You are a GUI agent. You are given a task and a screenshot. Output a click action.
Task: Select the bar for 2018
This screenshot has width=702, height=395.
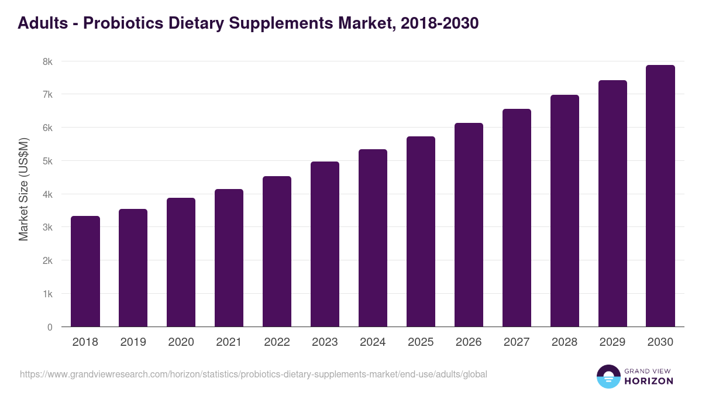[85, 272]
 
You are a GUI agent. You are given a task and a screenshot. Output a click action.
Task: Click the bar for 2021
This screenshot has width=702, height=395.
[229, 258]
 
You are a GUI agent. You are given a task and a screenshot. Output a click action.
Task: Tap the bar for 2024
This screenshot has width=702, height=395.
[373, 238]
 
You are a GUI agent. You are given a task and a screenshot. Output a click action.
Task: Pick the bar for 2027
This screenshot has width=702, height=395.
[517, 218]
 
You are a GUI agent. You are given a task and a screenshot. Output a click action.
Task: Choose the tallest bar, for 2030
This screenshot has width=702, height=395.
[660, 196]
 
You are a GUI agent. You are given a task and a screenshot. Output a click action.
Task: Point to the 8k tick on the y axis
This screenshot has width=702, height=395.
[48, 61]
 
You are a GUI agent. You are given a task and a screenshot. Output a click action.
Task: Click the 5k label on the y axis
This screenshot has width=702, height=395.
[48, 161]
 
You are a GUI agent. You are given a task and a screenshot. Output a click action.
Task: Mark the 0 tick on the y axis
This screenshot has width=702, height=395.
[50, 327]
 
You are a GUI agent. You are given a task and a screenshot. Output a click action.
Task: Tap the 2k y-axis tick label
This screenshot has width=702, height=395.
[48, 260]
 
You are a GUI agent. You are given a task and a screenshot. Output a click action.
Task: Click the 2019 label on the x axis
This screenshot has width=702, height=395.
[133, 342]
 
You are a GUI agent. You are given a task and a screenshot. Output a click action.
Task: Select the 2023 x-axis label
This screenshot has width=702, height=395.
[325, 342]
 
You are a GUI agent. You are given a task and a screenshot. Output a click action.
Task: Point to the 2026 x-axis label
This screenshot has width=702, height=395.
[469, 342]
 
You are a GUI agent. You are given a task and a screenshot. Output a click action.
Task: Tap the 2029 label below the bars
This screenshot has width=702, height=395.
[612, 342]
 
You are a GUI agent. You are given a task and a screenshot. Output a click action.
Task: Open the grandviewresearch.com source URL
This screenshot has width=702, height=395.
[253, 374]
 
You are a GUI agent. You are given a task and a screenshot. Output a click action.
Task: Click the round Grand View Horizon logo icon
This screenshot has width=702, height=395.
[608, 376]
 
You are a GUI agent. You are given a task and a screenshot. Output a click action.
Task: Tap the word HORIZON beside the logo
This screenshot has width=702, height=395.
[649, 381]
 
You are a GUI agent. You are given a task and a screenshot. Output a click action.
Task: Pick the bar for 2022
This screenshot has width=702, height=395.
[277, 252]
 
